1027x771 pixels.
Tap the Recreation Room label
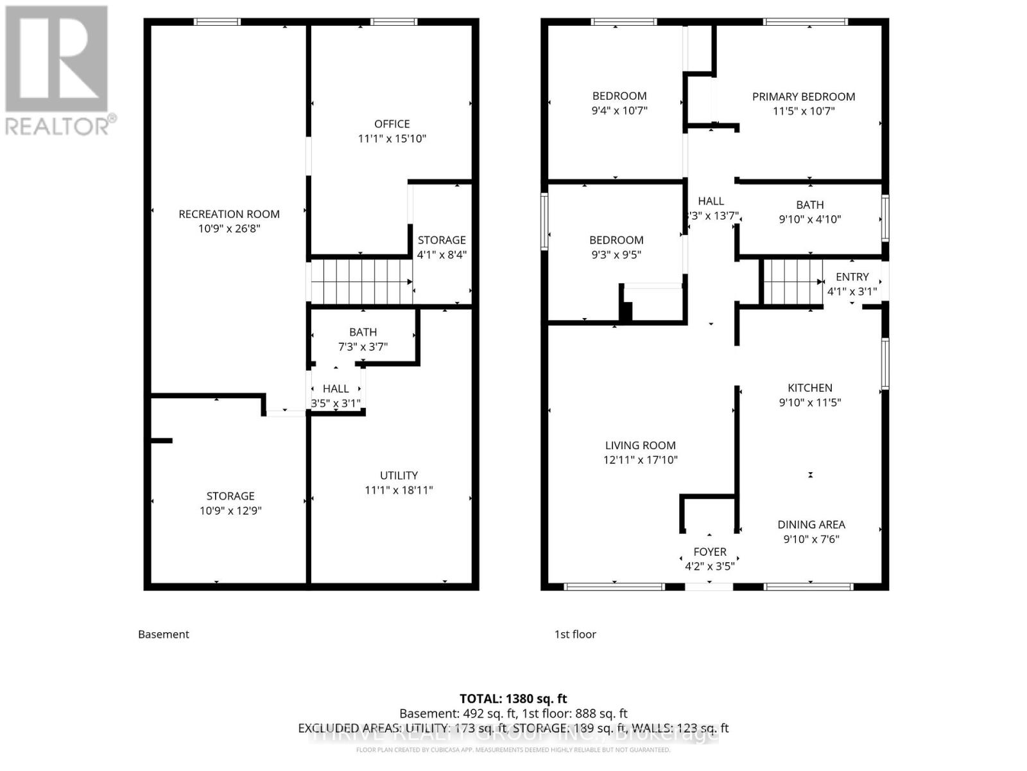pyautogui.click(x=229, y=215)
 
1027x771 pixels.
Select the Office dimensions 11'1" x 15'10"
pyautogui.click(x=392, y=139)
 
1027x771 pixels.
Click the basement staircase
pyautogui.click(x=361, y=281)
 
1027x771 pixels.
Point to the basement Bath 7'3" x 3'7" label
pyautogui.click(x=363, y=339)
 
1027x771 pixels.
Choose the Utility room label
pyautogui.click(x=399, y=475)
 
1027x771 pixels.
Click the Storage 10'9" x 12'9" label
pyautogui.click(x=230, y=503)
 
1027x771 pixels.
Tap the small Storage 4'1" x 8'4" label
pyautogui.click(x=442, y=247)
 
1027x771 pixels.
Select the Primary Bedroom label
pyautogui.click(x=804, y=97)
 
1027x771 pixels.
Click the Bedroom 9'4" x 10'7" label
pyautogui.click(x=619, y=103)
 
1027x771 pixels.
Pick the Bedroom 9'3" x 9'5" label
pyautogui.click(x=616, y=247)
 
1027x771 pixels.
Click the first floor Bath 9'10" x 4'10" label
pyautogui.click(x=809, y=212)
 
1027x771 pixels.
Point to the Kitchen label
pyautogui.click(x=810, y=388)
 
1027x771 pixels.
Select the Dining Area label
pyautogui.click(x=811, y=525)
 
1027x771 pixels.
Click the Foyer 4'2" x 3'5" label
pyautogui.click(x=709, y=558)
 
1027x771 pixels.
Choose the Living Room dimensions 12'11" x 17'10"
pyautogui.click(x=640, y=460)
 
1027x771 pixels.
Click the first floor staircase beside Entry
pyautogui.click(x=793, y=281)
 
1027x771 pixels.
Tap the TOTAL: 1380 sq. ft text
pyautogui.click(x=513, y=698)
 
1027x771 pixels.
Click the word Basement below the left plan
pyautogui.click(x=164, y=634)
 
